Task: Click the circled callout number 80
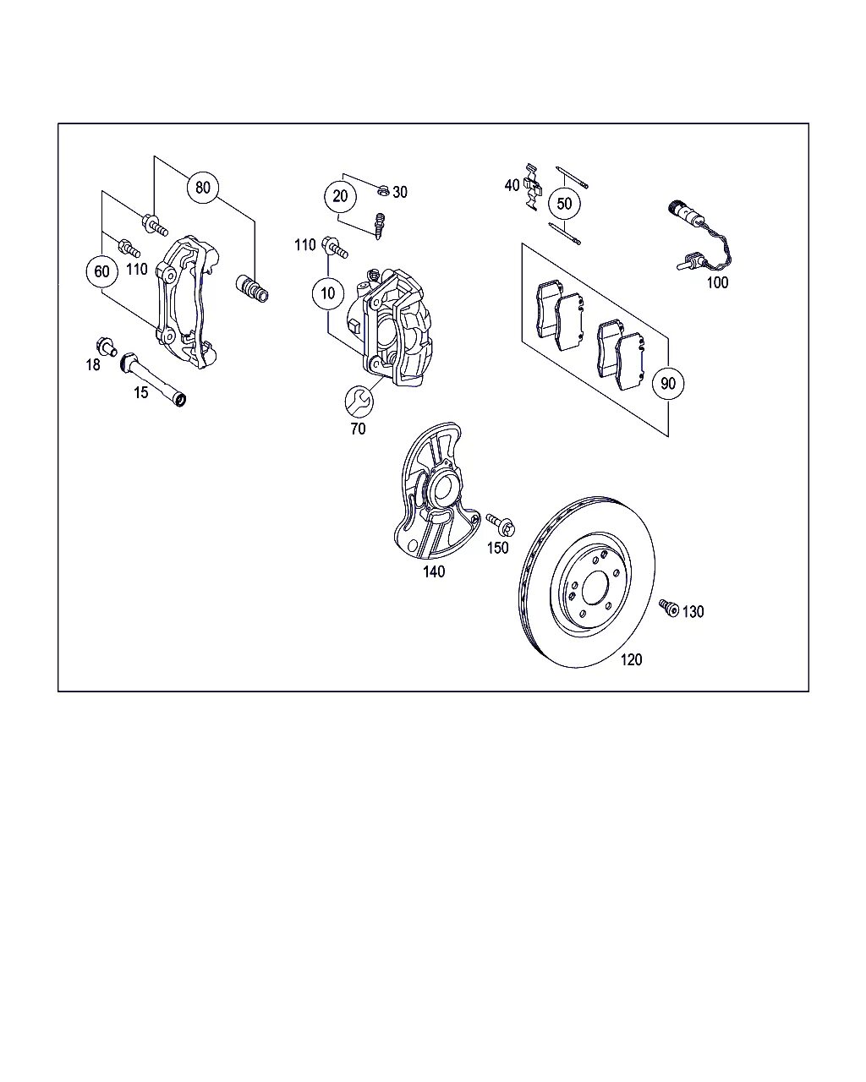202,187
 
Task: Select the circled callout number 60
101,271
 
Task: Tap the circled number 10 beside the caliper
327,293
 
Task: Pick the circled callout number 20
340,196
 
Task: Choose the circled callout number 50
564,204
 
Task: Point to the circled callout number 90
668,383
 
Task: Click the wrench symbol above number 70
359,401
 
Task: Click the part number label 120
631,659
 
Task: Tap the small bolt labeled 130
668,607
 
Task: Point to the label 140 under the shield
434,572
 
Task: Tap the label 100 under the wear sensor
717,282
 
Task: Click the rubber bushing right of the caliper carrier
251,288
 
